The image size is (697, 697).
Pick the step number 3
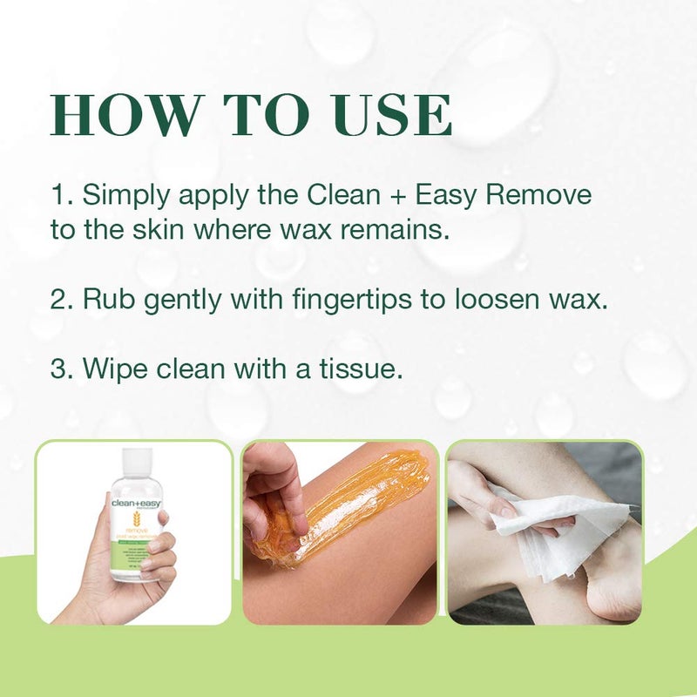click(x=59, y=369)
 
